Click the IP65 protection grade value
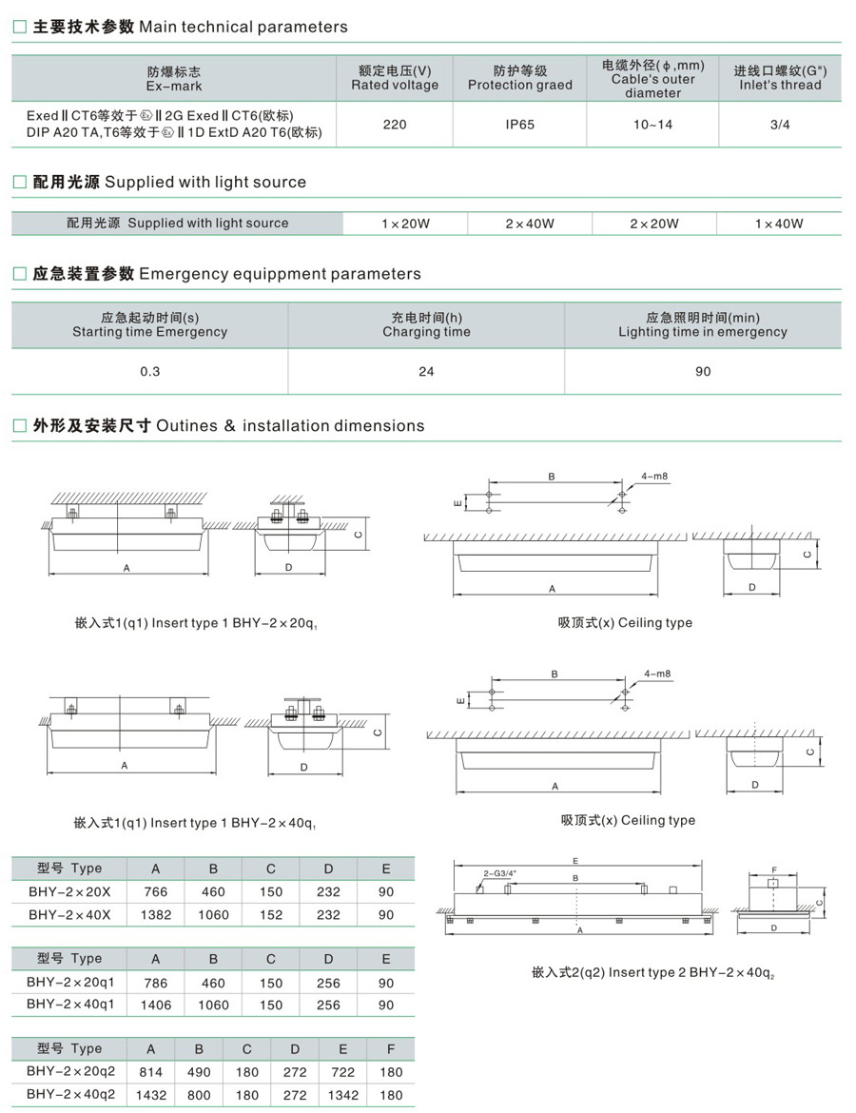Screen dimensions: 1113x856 click(520, 125)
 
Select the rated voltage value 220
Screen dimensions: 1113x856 click(395, 125)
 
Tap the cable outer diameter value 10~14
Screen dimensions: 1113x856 click(652, 125)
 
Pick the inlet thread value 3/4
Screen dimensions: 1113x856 click(780, 125)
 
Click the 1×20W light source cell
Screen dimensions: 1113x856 click(405, 224)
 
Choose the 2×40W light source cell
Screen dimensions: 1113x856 click(530, 224)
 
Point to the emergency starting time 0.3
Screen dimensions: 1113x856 click(150, 371)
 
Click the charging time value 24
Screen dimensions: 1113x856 click(426, 371)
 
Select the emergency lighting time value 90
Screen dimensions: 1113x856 click(703, 371)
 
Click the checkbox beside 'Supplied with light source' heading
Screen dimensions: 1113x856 click(19, 182)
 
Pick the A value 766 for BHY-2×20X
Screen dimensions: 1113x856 click(155, 892)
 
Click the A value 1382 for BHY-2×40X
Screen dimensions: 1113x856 click(155, 915)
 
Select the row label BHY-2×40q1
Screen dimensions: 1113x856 click(70, 1005)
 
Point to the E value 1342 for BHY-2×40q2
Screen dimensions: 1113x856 click(343, 1095)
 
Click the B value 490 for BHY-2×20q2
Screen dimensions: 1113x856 click(199, 1072)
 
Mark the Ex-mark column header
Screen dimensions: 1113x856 click(174, 78)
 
